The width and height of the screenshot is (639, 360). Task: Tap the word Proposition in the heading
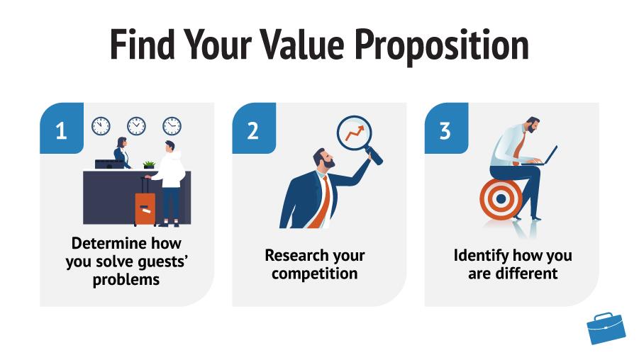click(442, 45)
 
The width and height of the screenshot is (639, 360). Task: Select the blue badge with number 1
click(62, 128)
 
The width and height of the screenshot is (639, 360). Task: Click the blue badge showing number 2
click(254, 128)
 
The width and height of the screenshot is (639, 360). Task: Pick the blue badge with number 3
click(446, 128)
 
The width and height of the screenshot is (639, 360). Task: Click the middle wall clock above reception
click(136, 126)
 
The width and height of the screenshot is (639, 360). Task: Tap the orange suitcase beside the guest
click(145, 206)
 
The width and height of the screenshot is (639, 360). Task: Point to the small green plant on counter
click(149, 164)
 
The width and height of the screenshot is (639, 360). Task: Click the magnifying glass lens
click(355, 133)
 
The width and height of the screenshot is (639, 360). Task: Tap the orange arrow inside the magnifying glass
click(355, 133)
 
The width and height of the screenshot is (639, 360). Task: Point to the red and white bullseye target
click(501, 198)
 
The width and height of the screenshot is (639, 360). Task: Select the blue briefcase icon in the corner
click(606, 328)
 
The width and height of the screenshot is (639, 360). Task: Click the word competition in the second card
click(315, 274)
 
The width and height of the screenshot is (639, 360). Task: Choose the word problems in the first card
click(126, 280)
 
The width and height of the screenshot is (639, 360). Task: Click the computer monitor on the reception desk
click(109, 164)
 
